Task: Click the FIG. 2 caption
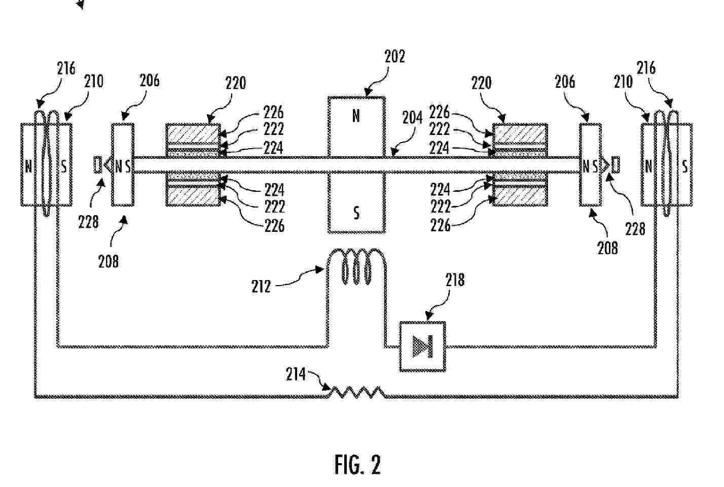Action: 357,464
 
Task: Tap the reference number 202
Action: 394,56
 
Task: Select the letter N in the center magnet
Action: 356,116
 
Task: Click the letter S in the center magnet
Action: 356,213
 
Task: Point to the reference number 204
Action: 412,118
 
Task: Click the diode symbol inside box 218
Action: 423,346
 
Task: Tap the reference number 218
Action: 455,280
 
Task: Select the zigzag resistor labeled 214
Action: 357,392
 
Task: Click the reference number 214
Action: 296,374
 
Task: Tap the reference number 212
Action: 261,287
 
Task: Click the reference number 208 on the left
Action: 108,261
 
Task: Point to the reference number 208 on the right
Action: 607,248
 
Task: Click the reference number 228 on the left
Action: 88,222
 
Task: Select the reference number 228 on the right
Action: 635,229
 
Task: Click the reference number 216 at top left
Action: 66,68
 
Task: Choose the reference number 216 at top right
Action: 646,67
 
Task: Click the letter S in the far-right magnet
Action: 685,166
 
